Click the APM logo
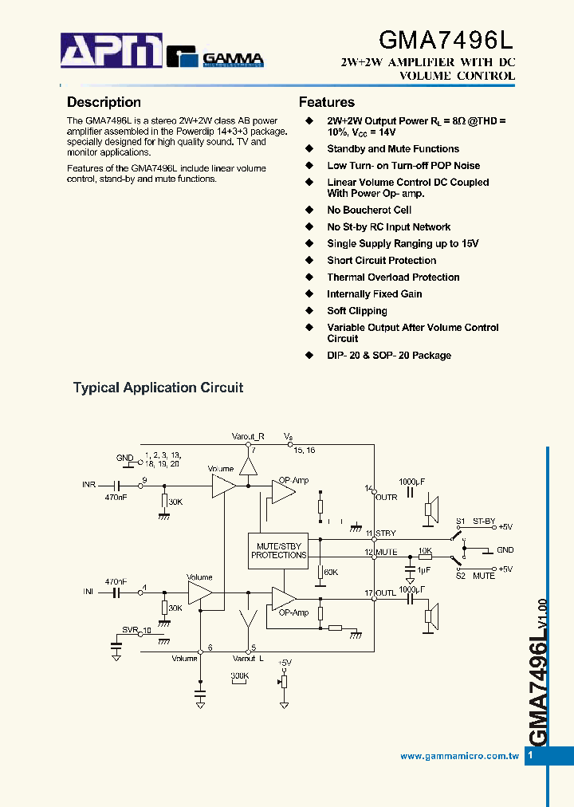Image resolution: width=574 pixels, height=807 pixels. click(x=112, y=52)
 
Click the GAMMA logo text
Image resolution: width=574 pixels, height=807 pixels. click(x=233, y=57)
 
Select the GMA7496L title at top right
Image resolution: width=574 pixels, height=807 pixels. click(x=446, y=40)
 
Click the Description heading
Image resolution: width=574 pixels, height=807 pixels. click(x=104, y=102)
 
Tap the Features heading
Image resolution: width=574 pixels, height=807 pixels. click(x=326, y=102)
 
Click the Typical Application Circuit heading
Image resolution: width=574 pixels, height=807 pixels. click(x=158, y=388)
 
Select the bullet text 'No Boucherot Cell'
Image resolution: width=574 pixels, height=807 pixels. click(x=368, y=211)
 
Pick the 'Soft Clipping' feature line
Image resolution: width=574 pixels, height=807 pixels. click(x=356, y=311)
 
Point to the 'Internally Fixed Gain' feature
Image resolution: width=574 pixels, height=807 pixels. click(x=374, y=294)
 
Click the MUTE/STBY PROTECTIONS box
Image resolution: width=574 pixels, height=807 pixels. click(x=278, y=550)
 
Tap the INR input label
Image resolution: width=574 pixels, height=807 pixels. click(x=88, y=485)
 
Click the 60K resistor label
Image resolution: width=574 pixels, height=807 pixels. click(x=330, y=572)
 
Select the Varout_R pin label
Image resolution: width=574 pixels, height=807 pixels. click(x=247, y=436)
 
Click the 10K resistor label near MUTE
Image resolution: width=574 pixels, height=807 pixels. click(x=425, y=551)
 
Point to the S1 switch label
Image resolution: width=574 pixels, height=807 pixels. click(x=460, y=521)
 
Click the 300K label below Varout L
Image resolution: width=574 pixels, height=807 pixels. click(x=239, y=675)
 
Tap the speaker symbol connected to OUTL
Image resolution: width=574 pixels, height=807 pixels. click(x=430, y=616)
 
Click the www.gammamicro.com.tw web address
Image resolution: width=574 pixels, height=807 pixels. click(x=459, y=756)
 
